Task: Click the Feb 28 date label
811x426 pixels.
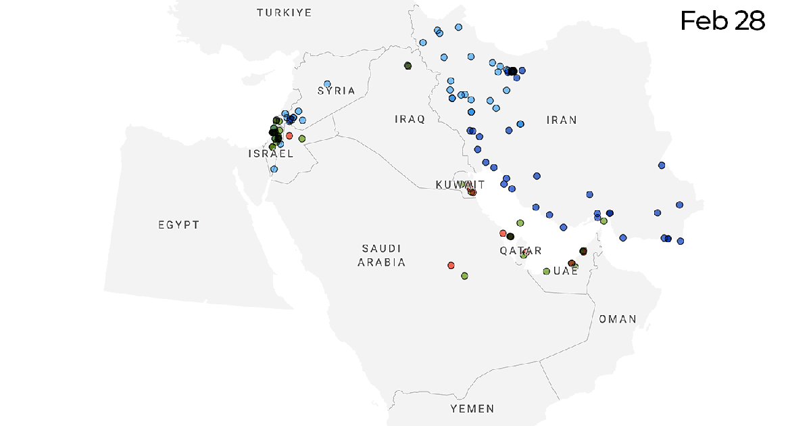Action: (x=722, y=21)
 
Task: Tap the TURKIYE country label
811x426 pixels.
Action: (x=284, y=13)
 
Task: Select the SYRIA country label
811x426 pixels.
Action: (x=336, y=91)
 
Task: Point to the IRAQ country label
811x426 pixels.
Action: (x=410, y=120)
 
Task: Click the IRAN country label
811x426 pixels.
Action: (x=562, y=120)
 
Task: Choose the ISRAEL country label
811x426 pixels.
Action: (x=270, y=154)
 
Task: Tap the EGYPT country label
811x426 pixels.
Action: (x=179, y=224)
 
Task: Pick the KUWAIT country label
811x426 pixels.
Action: (x=460, y=185)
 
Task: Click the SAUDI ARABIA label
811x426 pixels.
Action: (x=382, y=256)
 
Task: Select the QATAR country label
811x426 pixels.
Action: (x=520, y=251)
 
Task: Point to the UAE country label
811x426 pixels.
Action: (x=566, y=270)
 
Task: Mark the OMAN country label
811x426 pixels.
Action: (x=617, y=319)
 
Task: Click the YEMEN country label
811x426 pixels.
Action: (x=472, y=408)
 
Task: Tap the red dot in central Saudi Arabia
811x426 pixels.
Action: (x=451, y=265)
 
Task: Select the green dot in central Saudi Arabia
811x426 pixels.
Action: (x=464, y=276)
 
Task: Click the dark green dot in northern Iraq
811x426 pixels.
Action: (x=408, y=66)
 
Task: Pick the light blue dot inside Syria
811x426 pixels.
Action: (x=327, y=84)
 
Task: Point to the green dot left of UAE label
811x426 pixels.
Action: (x=546, y=271)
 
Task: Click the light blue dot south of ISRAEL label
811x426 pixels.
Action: (x=274, y=169)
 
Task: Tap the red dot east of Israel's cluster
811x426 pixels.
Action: (x=289, y=135)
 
